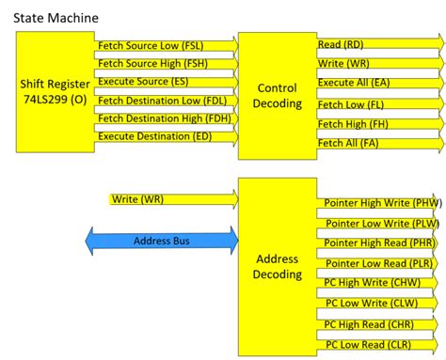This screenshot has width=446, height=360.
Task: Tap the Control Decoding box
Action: coord(277,95)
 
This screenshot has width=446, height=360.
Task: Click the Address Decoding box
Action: coord(277,266)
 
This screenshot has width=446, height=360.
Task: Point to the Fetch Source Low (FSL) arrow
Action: coord(166,44)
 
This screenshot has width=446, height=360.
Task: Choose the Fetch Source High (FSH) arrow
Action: coord(166,63)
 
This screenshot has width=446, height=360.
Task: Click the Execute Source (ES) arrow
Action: coord(166,82)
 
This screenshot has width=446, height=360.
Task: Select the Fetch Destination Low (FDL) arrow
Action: coord(166,101)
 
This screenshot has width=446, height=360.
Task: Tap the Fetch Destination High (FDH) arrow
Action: coord(166,119)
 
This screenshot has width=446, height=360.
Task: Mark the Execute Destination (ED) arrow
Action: coord(166,138)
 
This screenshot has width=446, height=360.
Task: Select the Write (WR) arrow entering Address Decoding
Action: coord(169,199)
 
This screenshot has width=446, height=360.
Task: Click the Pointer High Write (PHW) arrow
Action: coord(381,202)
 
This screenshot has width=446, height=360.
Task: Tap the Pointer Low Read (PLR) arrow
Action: coord(381,264)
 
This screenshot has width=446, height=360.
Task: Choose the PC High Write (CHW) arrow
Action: coord(381,283)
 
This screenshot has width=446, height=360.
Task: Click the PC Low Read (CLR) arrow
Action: coord(381,344)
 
